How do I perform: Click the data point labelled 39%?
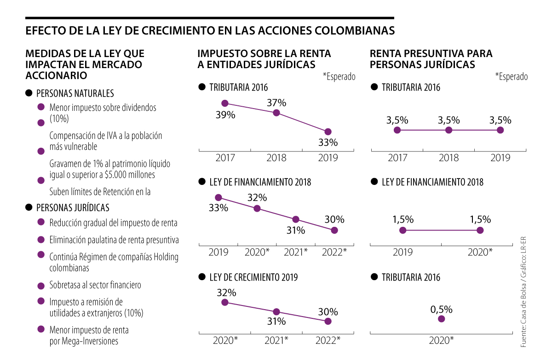(x=225, y=104)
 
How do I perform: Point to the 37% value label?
(x=276, y=102)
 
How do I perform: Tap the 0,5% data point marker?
(x=442, y=319)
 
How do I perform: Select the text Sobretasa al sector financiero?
(x=95, y=285)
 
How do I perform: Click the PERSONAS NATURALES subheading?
(x=75, y=93)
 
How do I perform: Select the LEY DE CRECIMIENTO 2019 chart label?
(x=253, y=277)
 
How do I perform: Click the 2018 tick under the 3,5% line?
(x=449, y=158)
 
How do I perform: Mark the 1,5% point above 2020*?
(x=480, y=230)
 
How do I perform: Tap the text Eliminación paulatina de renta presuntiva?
(x=114, y=240)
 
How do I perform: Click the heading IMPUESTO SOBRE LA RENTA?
(x=264, y=53)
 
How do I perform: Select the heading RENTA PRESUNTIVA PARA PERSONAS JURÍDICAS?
(x=431, y=59)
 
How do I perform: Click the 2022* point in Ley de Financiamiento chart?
(x=334, y=230)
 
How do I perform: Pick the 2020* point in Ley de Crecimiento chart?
(x=225, y=302)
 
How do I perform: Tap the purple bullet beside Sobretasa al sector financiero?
(x=41, y=285)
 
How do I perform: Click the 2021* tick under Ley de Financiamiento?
(x=295, y=252)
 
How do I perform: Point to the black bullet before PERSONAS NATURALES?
(x=29, y=93)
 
